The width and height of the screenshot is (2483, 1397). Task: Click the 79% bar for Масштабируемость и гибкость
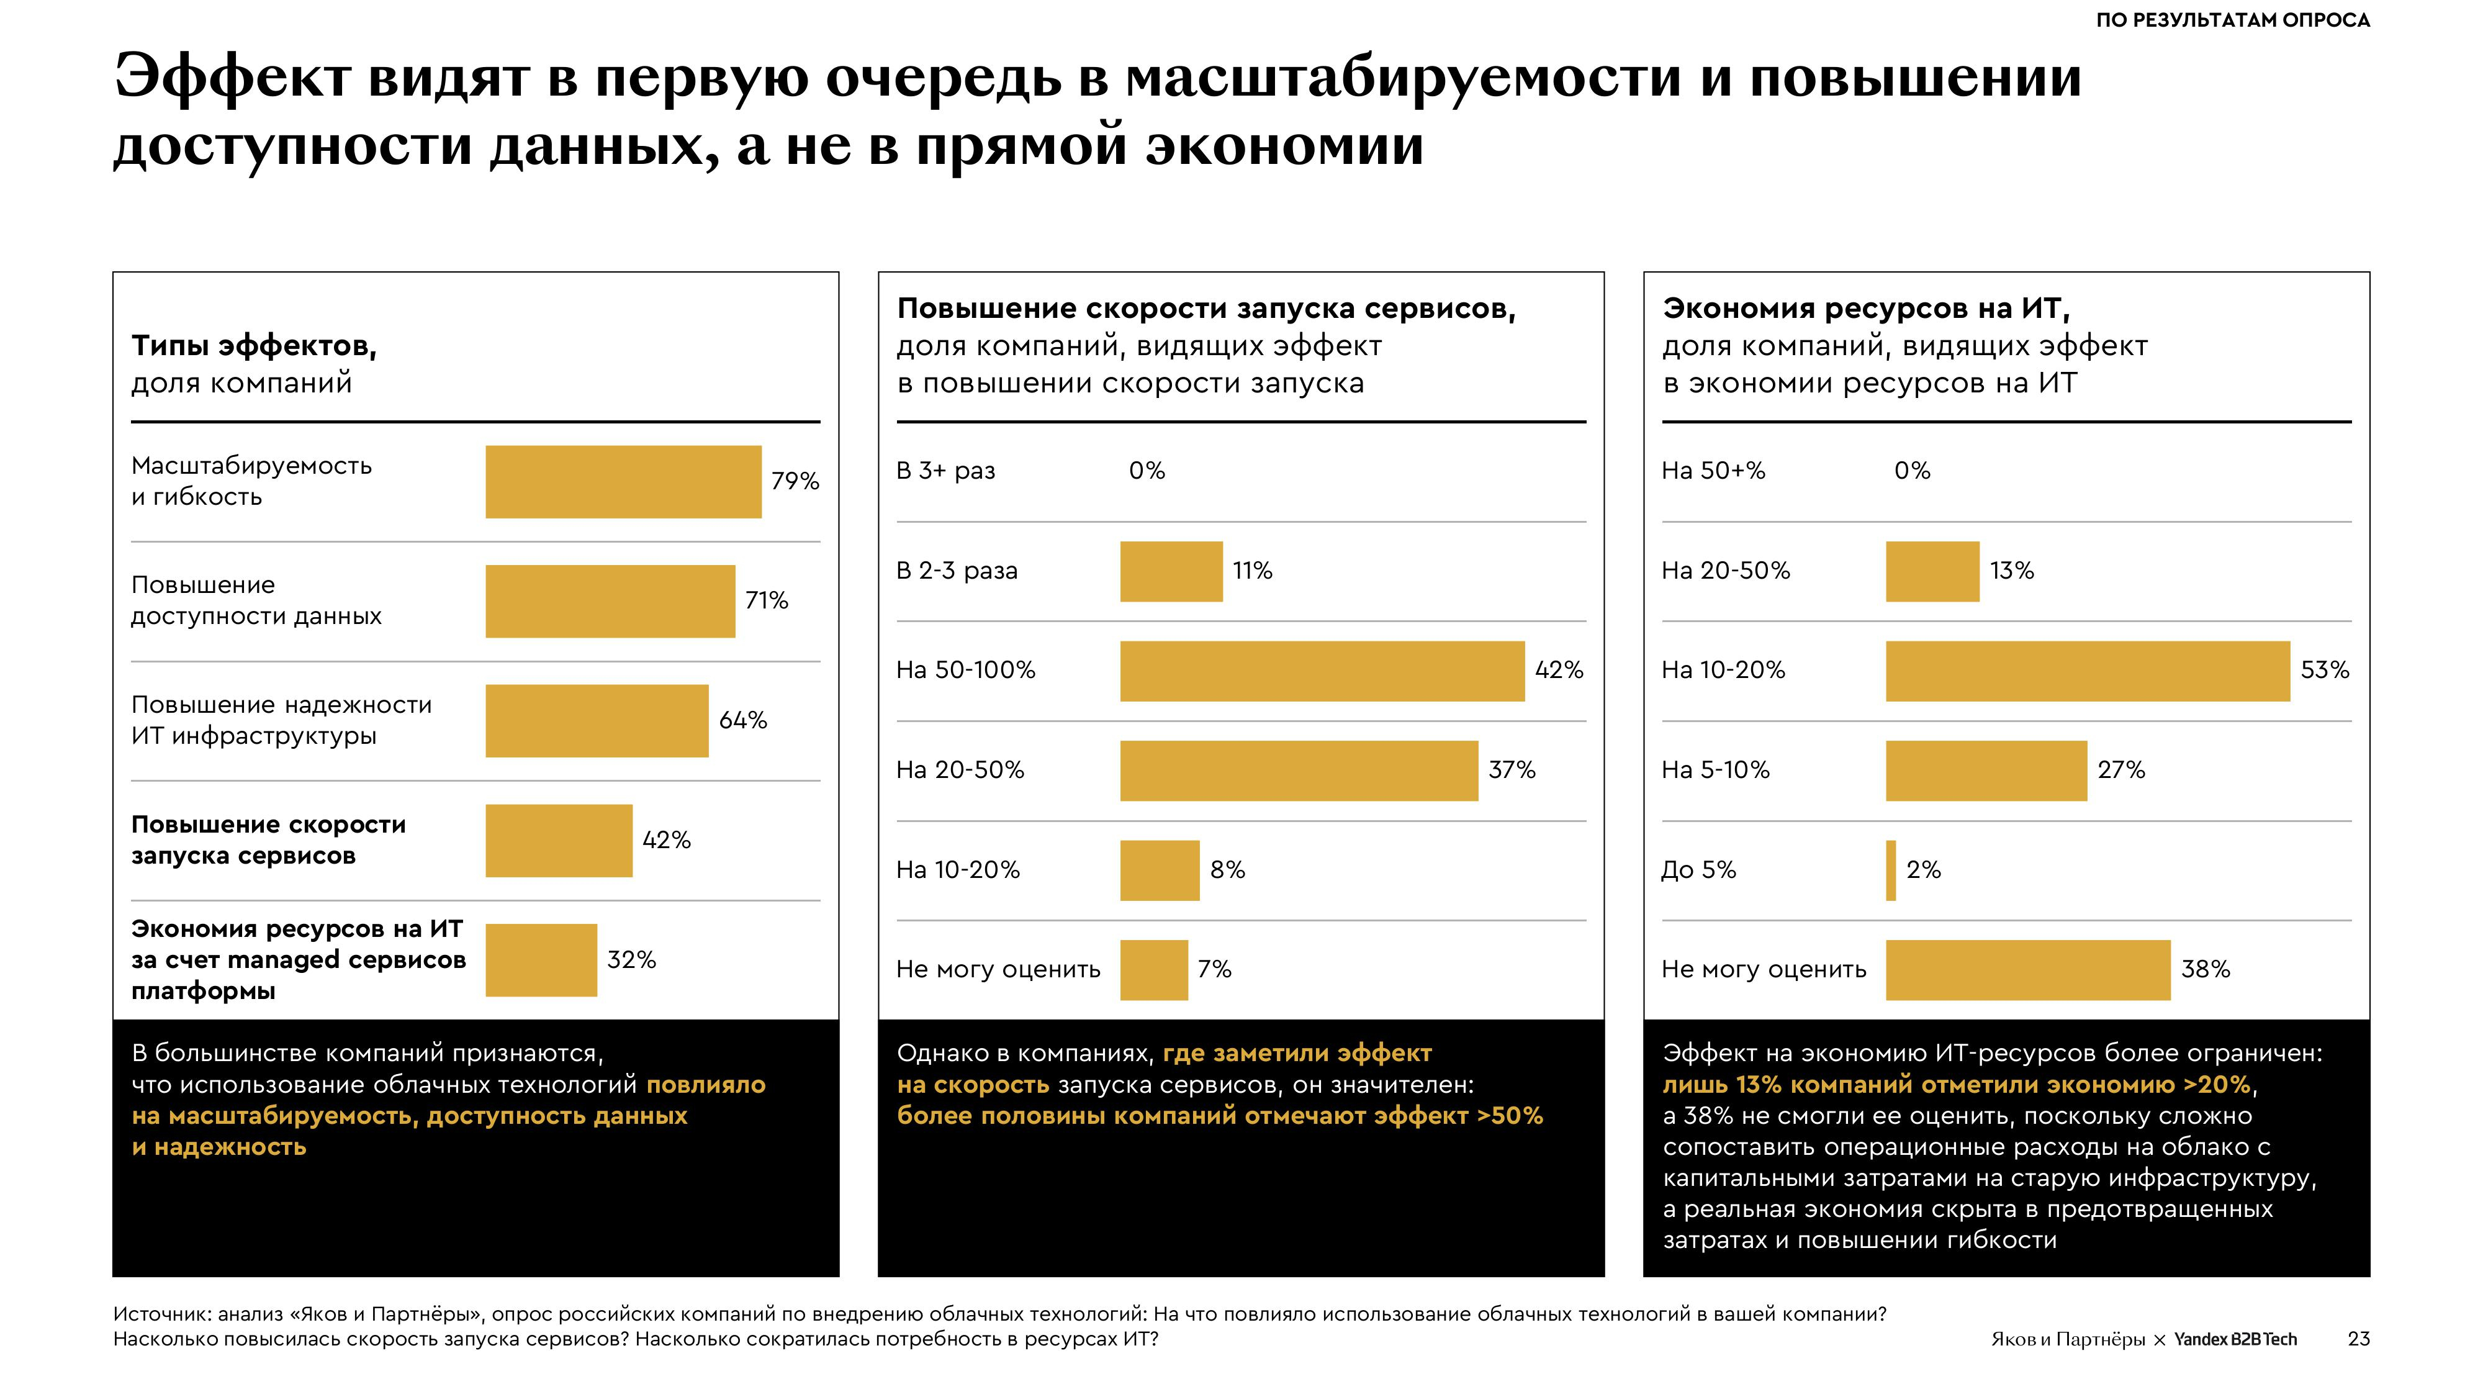pyautogui.click(x=623, y=481)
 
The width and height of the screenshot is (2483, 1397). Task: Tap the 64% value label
pyautogui.click(x=743, y=720)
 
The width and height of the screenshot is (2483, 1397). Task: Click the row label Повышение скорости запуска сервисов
pyautogui.click(x=268, y=839)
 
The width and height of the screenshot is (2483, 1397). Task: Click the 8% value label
pyautogui.click(x=1227, y=870)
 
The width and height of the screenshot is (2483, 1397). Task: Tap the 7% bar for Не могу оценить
pyautogui.click(x=1153, y=969)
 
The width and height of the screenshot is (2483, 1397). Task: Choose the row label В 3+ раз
pyautogui.click(x=945, y=471)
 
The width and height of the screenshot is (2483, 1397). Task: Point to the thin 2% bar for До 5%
pyautogui.click(x=1890, y=870)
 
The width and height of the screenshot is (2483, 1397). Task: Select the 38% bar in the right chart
pyautogui.click(x=2027, y=969)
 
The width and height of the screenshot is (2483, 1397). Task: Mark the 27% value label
pyautogui.click(x=2120, y=771)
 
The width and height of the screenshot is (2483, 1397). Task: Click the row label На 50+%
pyautogui.click(x=1713, y=471)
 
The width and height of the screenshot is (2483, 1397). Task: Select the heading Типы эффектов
pyautogui.click(x=253, y=345)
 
